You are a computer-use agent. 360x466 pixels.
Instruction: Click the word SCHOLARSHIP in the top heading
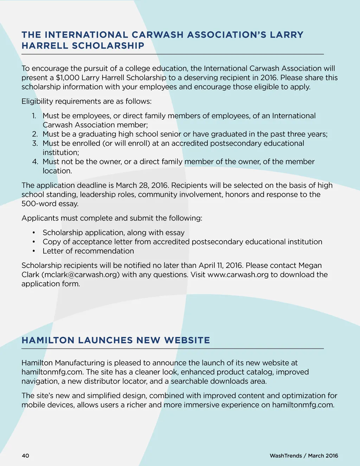[108, 46]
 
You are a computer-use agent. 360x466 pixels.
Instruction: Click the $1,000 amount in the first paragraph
[67, 78]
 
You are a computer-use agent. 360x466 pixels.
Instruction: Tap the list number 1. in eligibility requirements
[34, 116]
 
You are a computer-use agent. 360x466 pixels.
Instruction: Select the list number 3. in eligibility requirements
[35, 143]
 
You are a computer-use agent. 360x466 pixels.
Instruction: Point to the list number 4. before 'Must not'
[35, 161]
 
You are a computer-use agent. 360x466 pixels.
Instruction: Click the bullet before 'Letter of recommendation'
[34, 251]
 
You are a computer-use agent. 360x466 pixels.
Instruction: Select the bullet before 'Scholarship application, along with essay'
[34, 233]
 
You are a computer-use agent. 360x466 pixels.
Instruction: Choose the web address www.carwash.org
[238, 275]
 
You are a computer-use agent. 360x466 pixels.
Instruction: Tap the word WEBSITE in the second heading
[187, 340]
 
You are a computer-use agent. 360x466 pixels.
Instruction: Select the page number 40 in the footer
[25, 456]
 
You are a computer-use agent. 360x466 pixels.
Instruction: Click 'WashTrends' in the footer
[285, 456]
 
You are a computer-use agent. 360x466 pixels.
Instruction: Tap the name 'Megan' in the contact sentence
[310, 266]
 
